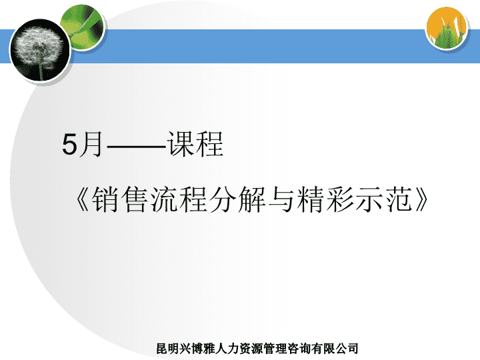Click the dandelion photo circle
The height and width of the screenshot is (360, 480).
(41, 51)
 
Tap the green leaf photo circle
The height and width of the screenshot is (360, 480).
(83, 27)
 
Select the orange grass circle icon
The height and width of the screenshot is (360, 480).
(447, 28)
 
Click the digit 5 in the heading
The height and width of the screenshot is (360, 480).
(69, 145)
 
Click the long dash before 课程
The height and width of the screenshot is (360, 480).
(137, 147)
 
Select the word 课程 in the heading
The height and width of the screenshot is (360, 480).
(195, 144)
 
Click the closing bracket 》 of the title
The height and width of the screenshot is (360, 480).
(421, 199)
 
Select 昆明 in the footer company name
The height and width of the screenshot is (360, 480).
(168, 349)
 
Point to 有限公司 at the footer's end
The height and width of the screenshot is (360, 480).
(336, 349)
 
